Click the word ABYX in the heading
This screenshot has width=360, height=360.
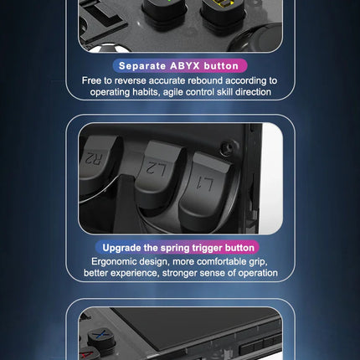coord(185,66)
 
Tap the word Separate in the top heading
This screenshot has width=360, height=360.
coord(142,66)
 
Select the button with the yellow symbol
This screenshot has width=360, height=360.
coord(224,11)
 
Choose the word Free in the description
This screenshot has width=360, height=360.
coord(91,80)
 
